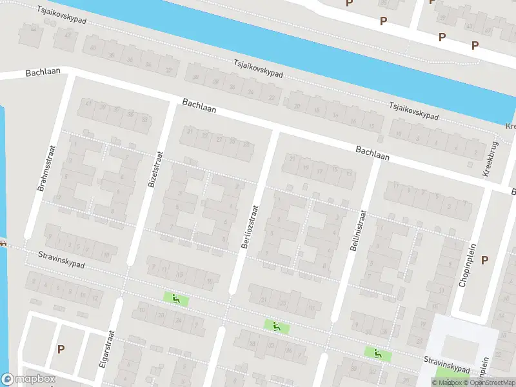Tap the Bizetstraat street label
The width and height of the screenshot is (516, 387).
(155, 169)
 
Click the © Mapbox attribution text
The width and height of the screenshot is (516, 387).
(446, 382)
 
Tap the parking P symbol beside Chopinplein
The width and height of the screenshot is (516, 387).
(484, 260)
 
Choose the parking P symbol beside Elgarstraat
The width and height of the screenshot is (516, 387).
(61, 349)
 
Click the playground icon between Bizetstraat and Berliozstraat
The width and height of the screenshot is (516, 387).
(175, 299)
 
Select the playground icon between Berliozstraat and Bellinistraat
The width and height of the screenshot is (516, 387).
(276, 327)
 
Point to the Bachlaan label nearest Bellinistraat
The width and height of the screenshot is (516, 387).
(373, 153)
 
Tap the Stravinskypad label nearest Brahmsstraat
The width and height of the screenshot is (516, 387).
(62, 259)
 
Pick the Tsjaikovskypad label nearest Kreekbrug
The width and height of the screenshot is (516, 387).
(413, 110)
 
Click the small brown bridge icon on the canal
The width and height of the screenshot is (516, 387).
(3, 244)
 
